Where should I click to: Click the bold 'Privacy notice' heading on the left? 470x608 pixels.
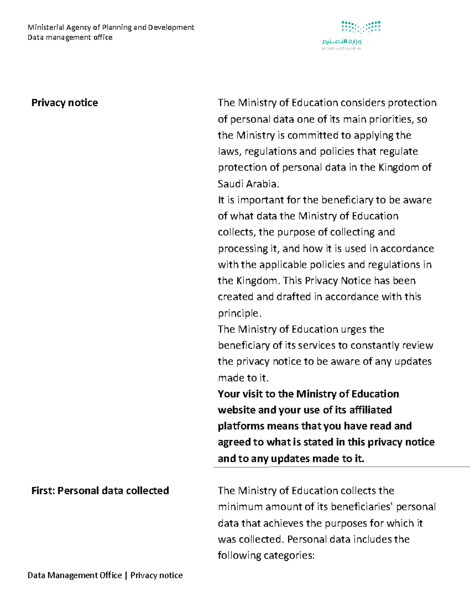pos(65,103)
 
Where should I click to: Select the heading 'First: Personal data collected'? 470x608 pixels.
pos(100,491)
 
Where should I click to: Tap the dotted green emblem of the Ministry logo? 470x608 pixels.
pos(361,27)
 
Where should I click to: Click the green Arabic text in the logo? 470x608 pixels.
pos(342,41)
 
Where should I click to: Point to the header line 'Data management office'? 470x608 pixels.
pos(70,38)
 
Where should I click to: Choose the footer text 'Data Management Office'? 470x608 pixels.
pos(74,575)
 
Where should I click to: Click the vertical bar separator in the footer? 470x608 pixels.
pos(126,575)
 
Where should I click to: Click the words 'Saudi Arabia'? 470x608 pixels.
pos(248,184)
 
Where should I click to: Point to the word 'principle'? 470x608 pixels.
pos(239,313)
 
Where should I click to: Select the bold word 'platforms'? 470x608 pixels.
pos(241,426)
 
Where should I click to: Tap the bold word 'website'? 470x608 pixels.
pos(237,410)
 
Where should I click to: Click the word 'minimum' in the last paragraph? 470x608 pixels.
pos(240,507)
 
